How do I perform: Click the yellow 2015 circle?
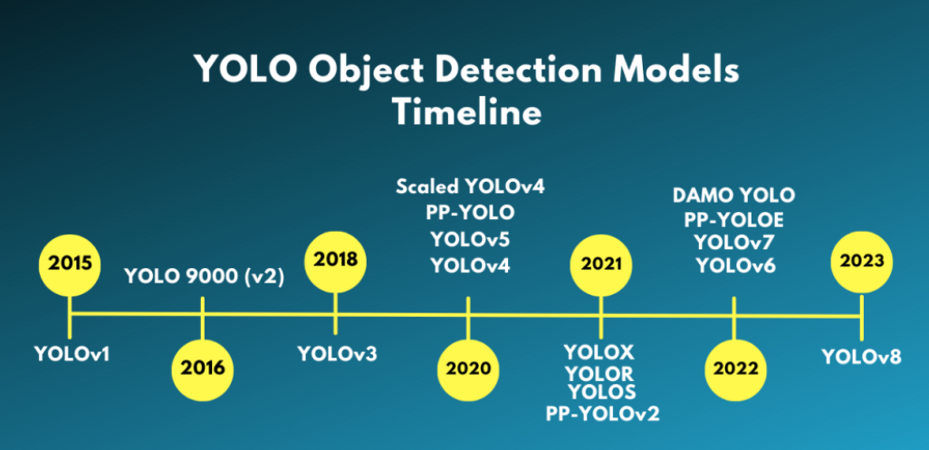click(x=70, y=263)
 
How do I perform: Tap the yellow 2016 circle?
click(x=203, y=369)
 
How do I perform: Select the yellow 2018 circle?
click(x=335, y=259)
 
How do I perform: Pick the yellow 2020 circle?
click(x=468, y=369)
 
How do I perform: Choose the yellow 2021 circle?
click(x=600, y=263)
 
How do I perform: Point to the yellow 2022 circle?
click(x=734, y=369)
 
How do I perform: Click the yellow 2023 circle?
click(x=862, y=260)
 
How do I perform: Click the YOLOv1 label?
click(x=72, y=352)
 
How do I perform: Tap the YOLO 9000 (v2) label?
click(x=205, y=277)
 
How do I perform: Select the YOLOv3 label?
click(x=337, y=352)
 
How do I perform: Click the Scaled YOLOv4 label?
click(x=470, y=187)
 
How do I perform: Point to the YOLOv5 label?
click(x=470, y=239)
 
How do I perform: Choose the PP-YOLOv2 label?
click(x=602, y=414)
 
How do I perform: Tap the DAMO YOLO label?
click(x=733, y=195)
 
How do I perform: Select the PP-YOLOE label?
click(x=733, y=219)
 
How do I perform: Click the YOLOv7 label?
click(x=733, y=242)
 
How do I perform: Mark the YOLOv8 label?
click(x=862, y=356)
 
